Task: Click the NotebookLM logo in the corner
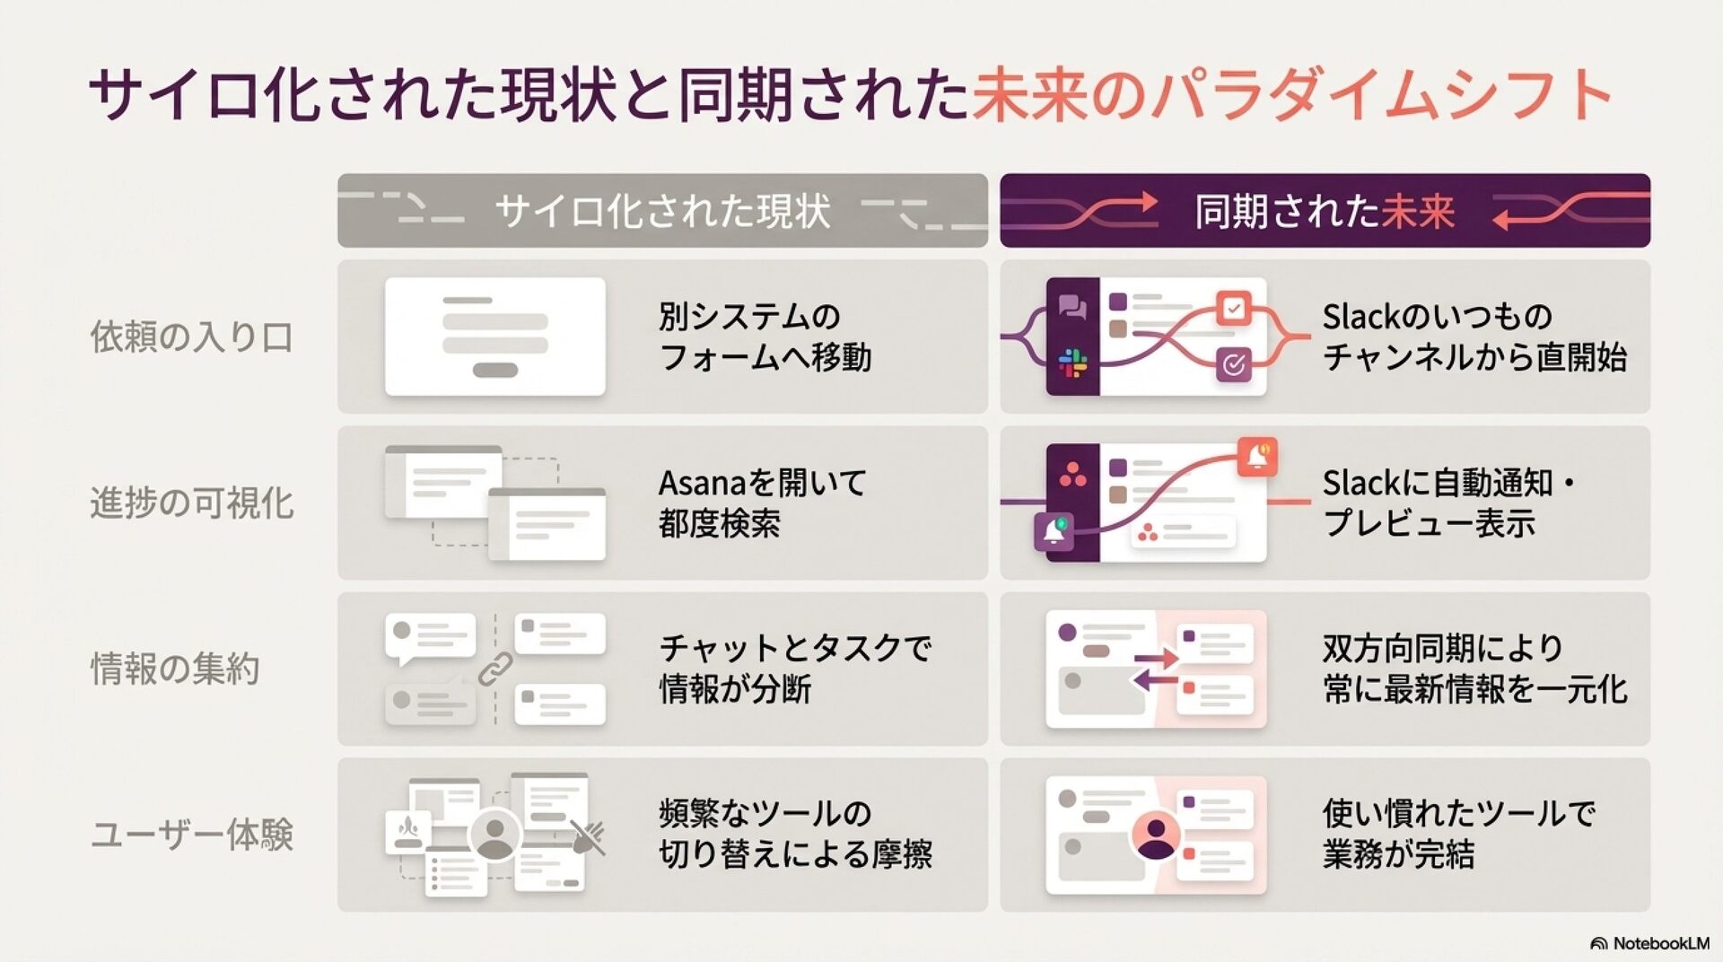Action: pos(1649,943)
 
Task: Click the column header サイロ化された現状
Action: pos(662,211)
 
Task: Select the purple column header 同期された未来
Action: pos(1325,211)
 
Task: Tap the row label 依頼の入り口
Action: pos(192,337)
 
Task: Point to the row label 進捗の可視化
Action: pos(192,503)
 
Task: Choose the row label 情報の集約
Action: pos(175,669)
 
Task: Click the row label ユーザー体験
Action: pos(192,835)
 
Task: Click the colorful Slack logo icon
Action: pos(1072,363)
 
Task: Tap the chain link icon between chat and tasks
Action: pos(494,669)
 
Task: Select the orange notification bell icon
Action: pos(1257,456)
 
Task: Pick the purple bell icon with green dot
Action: pos(1054,531)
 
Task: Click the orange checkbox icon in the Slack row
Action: pos(1234,309)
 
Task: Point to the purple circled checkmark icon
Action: pos(1234,364)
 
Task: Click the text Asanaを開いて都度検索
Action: pos(763,503)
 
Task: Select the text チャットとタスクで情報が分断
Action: pos(795,669)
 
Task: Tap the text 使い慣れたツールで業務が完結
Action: pos(1458,834)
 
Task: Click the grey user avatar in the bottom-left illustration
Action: pos(494,835)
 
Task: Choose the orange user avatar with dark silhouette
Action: pos(1156,836)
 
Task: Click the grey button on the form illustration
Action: pos(494,370)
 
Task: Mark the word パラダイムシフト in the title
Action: pos(1382,94)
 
